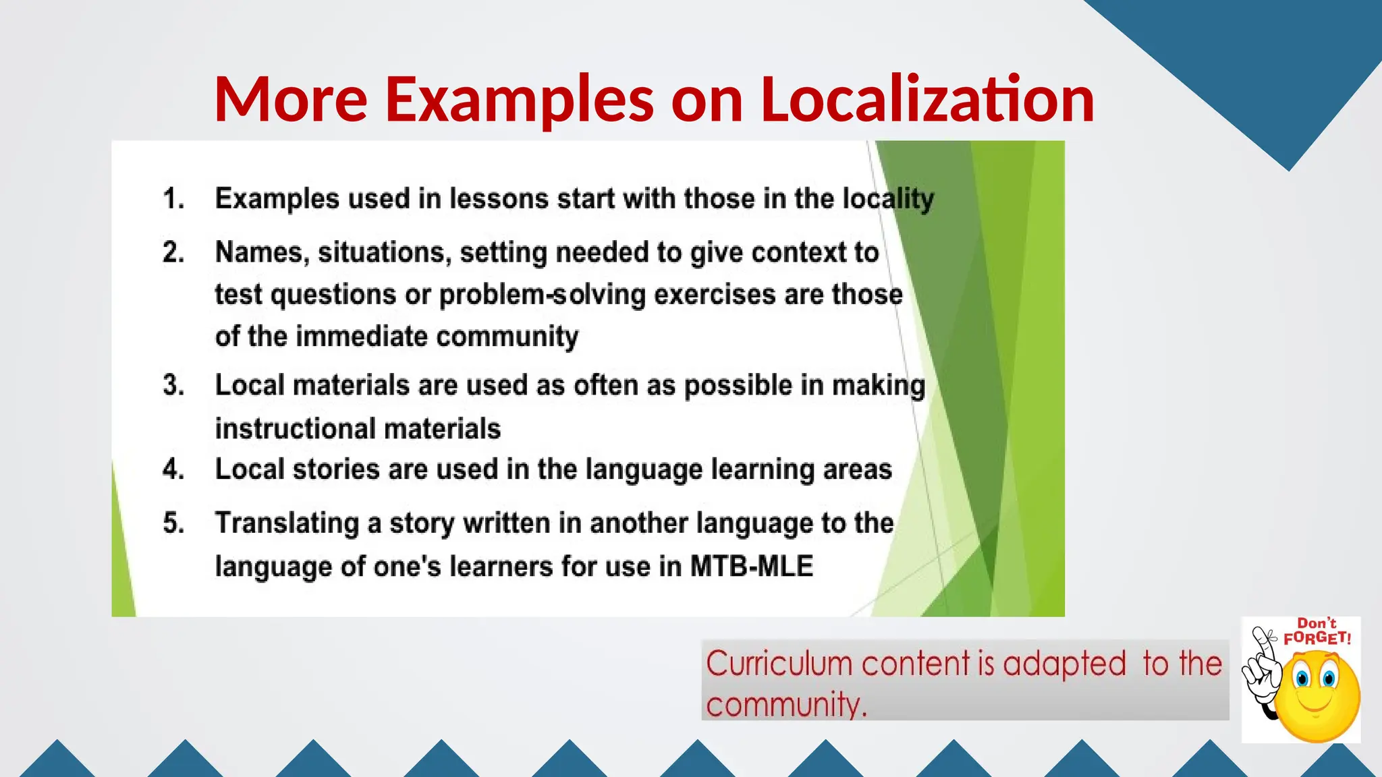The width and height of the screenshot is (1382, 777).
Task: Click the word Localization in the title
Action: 927,99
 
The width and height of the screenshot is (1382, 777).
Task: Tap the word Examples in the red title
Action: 519,99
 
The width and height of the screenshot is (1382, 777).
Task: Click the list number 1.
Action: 173,199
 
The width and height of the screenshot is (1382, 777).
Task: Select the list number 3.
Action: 173,385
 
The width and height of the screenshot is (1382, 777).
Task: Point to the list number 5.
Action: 173,523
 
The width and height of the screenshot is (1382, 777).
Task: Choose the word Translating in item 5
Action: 287,523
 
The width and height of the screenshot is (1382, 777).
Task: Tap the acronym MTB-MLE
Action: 751,567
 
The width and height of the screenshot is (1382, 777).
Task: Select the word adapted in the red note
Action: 1064,664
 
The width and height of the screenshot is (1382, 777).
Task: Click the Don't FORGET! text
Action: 1317,632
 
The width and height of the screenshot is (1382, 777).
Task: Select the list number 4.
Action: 173,469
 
